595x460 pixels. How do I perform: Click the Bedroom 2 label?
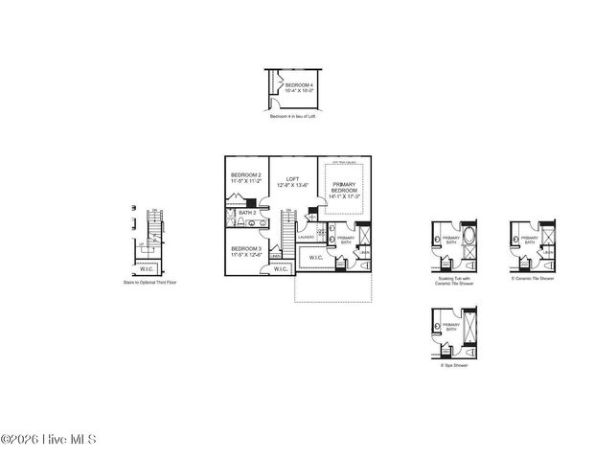(x=245, y=178)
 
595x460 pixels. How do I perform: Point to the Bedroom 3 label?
(x=245, y=252)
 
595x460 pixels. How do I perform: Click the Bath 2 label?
(x=247, y=213)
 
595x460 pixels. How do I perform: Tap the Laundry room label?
(x=306, y=237)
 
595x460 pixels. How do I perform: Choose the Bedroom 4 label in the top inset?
(x=299, y=88)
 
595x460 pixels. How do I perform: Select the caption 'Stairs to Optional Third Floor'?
(x=149, y=283)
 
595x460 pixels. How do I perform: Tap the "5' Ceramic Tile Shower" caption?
(x=533, y=278)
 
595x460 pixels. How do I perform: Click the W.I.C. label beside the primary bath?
(x=315, y=258)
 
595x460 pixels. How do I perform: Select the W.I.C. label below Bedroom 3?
(x=281, y=269)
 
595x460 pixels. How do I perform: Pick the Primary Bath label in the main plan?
(x=345, y=241)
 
